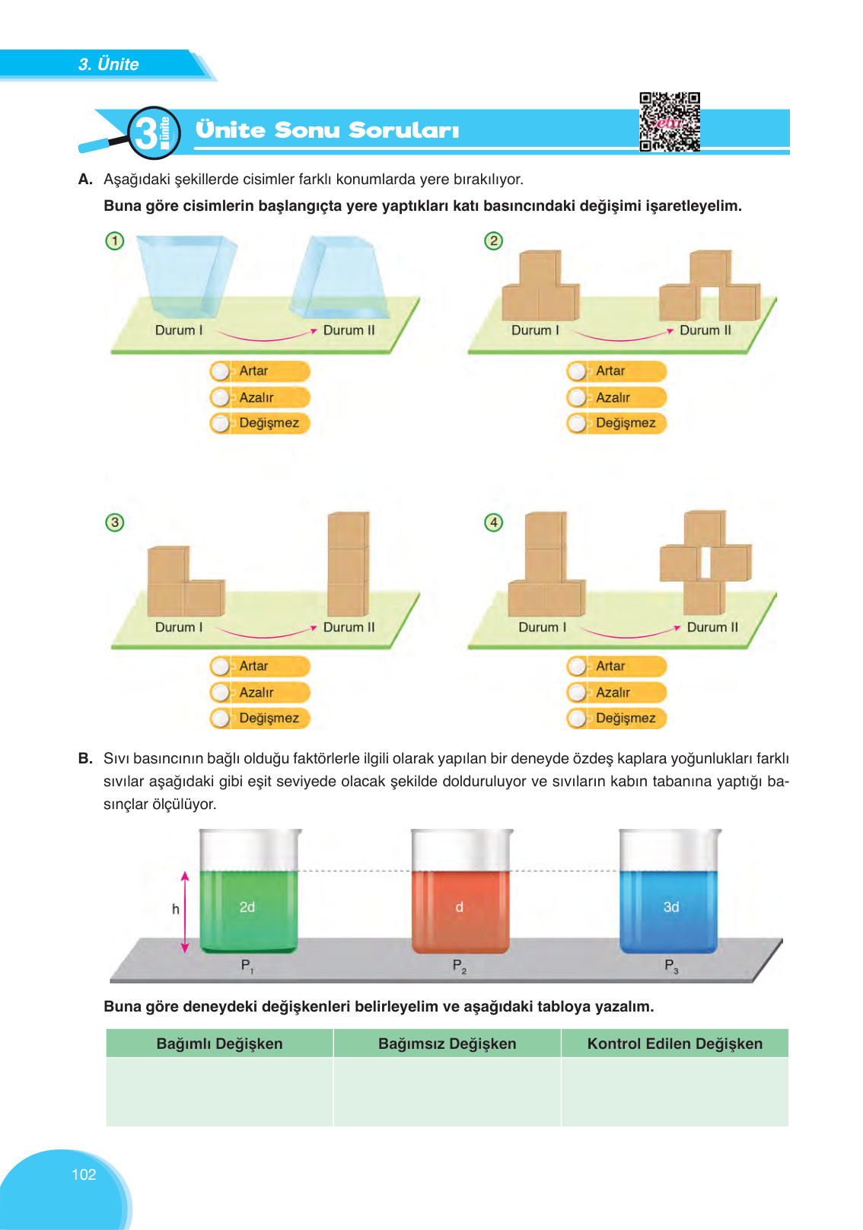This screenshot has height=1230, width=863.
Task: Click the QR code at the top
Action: click(670, 122)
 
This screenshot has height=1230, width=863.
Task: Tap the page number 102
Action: click(84, 1174)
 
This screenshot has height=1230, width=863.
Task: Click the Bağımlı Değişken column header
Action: click(219, 1044)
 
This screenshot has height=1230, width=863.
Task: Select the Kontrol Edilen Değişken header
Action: click(674, 1044)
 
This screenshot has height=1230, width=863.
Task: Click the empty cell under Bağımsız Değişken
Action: click(447, 1091)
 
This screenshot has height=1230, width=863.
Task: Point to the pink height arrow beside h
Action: click(185, 912)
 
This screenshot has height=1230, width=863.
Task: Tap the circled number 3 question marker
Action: click(115, 522)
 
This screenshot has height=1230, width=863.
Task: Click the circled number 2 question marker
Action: click(494, 241)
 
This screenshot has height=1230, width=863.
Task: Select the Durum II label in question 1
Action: click(349, 330)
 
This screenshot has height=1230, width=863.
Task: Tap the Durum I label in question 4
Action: click(542, 627)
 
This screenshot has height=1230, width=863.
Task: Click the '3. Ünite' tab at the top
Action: click(108, 65)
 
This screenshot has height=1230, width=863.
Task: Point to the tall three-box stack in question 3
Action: click(349, 563)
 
